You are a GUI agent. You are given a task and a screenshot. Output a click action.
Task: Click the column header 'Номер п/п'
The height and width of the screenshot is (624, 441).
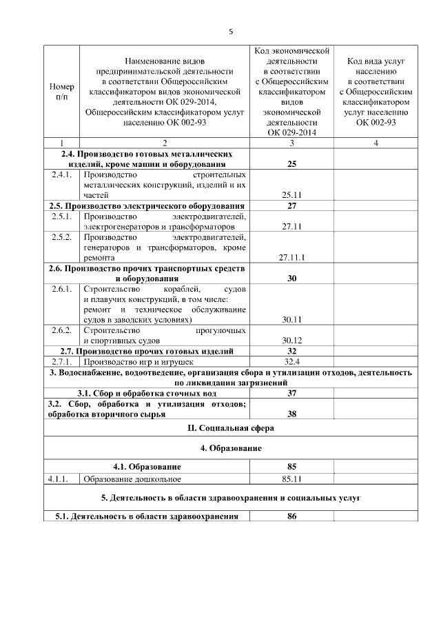tap(62, 92)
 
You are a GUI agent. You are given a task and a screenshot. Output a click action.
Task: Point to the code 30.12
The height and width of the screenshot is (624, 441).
tap(291, 340)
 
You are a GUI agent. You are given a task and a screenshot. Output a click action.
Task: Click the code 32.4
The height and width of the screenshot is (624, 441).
tap(291, 361)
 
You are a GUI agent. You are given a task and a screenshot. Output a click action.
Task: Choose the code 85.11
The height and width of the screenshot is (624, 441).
tap(291, 478)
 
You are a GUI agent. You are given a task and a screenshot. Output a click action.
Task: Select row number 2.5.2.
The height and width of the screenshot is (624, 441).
tap(62, 237)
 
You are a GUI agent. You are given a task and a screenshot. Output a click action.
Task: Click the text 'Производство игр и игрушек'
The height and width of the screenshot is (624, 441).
tap(139, 361)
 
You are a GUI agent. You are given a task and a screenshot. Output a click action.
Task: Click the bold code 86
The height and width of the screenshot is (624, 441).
tap(291, 516)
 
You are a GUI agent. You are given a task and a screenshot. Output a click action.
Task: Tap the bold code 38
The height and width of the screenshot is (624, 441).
tap(291, 414)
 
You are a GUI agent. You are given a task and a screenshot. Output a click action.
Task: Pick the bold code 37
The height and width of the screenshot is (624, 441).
tap(291, 393)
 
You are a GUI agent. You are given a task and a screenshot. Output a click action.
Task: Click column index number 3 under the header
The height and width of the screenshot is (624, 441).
tap(291, 143)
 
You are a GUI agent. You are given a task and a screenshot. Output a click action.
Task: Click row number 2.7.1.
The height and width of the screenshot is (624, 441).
tap(62, 361)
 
